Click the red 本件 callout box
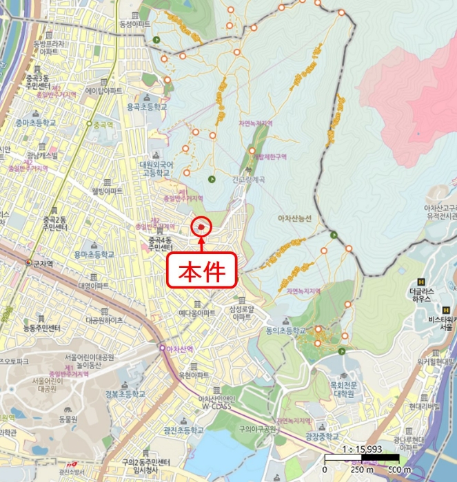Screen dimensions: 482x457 203,271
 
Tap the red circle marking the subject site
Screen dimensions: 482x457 202,225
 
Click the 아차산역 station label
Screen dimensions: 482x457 181,349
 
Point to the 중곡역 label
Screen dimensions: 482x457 102,125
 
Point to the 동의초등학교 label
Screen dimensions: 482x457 285,331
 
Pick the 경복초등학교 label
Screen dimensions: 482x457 125,395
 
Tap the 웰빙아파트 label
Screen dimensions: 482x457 106,190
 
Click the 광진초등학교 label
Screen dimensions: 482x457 184,429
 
